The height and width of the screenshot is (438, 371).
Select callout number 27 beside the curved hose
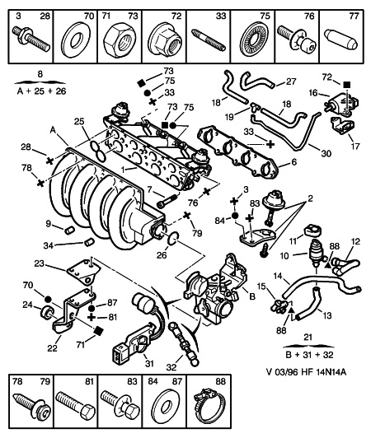pyautogui.click(x=291, y=82)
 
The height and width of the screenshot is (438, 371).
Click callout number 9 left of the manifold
pyautogui.click(x=48, y=223)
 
